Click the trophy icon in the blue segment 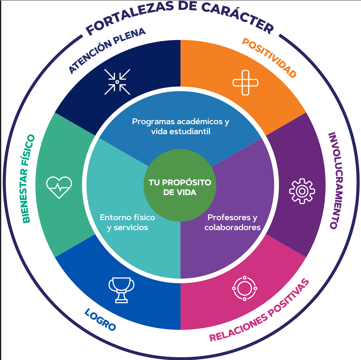[121, 290]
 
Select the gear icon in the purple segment [302, 191]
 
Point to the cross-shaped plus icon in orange [245, 83]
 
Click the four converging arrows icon [117, 82]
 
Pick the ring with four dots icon [244, 288]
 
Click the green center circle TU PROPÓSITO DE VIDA [180, 185]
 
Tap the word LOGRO [100, 320]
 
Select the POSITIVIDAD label [269, 58]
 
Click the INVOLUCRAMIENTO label [336, 181]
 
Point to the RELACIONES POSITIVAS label [259, 310]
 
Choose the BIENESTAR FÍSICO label [28, 179]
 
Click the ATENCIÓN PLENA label [107, 51]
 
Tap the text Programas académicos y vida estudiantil [181, 126]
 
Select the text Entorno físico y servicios [127, 223]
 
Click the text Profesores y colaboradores [232, 222]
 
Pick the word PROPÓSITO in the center [187, 182]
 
